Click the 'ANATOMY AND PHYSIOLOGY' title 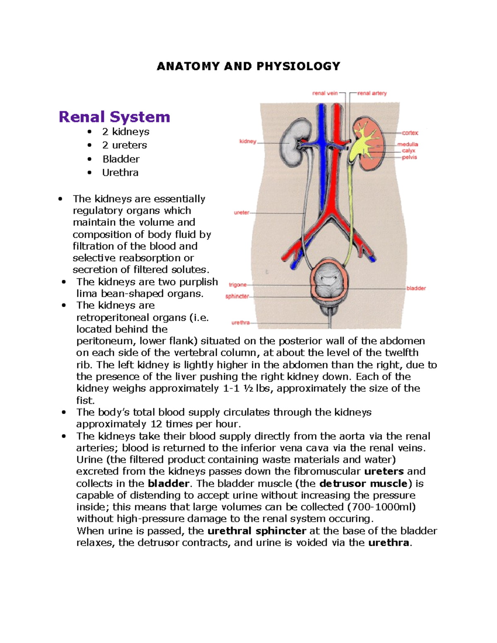pos(248,66)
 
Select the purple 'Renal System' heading pos(114,117)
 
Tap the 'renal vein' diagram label pos(325,93)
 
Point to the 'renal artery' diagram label pos(372,93)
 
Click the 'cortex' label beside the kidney pos(410,133)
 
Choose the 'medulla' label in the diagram pos(408,144)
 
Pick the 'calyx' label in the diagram pos(408,151)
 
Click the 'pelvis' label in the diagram pos(409,157)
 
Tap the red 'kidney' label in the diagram pos(248,142)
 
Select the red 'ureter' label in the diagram pos(241,212)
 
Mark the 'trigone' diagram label pos(238,285)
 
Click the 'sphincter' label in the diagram pos(237,296)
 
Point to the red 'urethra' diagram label pos(240,323)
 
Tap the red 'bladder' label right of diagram pos(416,288)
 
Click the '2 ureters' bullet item pos(124,145)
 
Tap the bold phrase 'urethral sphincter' pos(257,531)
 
